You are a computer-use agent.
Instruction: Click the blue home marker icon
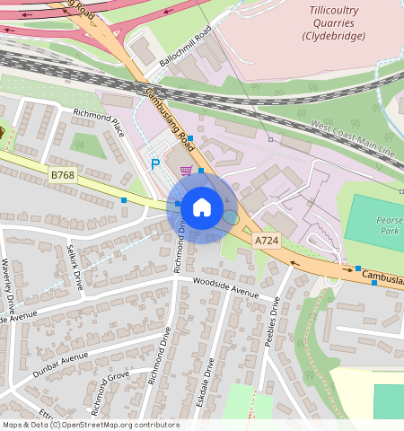tap(202, 207)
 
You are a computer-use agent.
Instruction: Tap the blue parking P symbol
tap(155, 164)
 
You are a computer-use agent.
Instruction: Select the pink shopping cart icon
tap(186, 170)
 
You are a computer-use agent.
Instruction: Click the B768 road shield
tap(63, 175)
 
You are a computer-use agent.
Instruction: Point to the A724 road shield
tap(266, 241)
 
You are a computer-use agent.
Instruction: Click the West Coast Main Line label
tap(353, 137)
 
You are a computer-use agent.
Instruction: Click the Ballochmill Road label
tap(184, 43)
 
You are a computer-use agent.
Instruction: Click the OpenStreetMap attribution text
tap(90, 425)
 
